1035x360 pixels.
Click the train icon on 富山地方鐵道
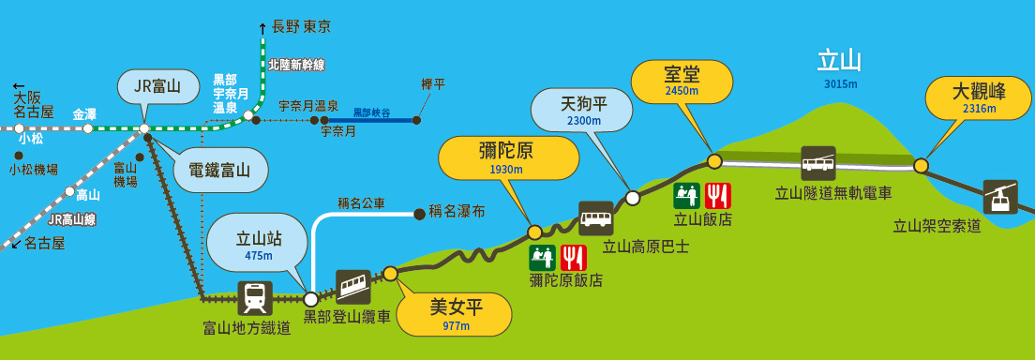[255, 298]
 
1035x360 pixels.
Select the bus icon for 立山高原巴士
[596, 218]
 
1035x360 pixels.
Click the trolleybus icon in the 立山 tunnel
[818, 163]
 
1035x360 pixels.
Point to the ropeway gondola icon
[1000, 197]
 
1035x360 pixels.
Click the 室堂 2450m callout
[682, 82]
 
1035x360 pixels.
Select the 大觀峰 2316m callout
[978, 99]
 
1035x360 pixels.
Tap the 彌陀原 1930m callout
[508, 158]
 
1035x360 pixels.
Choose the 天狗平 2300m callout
[583, 110]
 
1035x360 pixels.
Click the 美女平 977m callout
[457, 315]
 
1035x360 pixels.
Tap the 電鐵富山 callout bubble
[220, 171]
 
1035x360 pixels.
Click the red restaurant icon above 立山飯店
[717, 196]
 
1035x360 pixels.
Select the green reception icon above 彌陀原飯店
[542, 258]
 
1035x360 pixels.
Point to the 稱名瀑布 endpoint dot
[418, 214]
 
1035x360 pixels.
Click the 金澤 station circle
[88, 128]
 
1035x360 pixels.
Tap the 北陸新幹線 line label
[296, 65]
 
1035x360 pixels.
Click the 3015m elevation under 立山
[840, 83]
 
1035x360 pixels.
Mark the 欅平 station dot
[416, 120]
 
